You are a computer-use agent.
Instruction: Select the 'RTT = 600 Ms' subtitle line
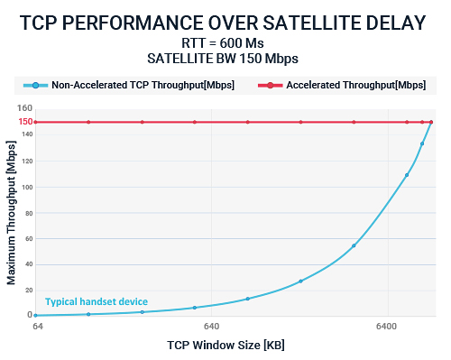(225, 43)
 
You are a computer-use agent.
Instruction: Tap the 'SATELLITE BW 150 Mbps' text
(225, 59)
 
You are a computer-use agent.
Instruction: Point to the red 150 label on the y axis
(25, 122)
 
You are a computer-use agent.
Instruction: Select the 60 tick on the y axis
(27, 238)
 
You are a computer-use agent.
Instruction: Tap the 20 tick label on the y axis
(27, 290)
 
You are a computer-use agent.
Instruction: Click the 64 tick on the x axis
(38, 327)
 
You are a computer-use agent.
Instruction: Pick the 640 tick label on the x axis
(211, 327)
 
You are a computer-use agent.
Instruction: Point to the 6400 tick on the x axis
(388, 327)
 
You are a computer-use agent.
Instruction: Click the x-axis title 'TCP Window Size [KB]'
(225, 345)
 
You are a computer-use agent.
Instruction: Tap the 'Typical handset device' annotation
(97, 301)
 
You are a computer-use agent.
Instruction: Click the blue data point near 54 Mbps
(354, 245)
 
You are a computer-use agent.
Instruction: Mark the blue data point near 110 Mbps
(407, 175)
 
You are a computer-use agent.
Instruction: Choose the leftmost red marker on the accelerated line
(35, 122)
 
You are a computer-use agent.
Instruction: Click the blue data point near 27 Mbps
(300, 281)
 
